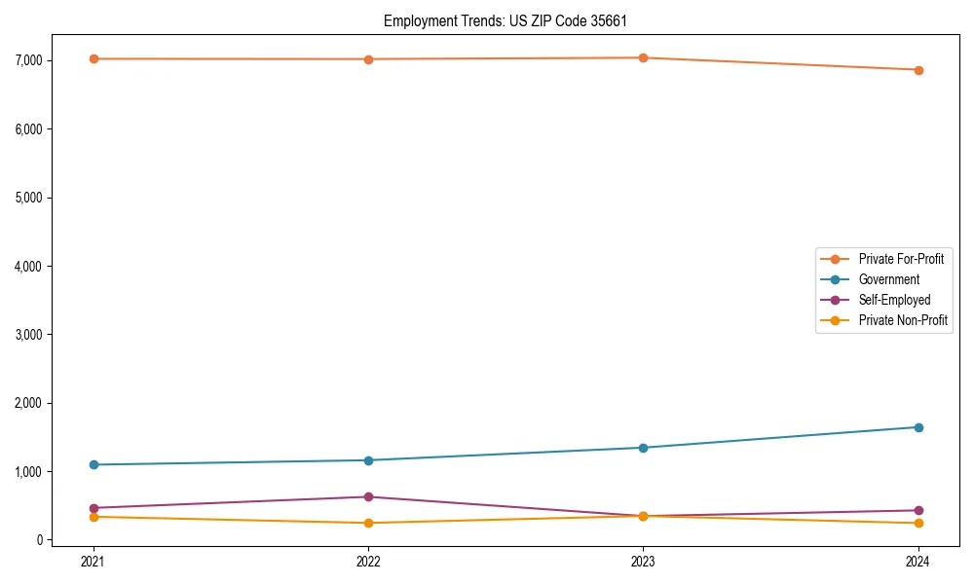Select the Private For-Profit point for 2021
[94, 58]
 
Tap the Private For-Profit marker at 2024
[918, 70]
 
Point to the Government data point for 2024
[918, 427]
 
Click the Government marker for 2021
[94, 464]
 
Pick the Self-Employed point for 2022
[368, 496]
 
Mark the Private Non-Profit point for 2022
[368, 523]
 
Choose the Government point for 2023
[643, 448]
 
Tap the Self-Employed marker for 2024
[918, 510]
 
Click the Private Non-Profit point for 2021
[94, 517]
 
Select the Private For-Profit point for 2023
[643, 57]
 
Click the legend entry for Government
[888, 279]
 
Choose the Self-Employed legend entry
[894, 300]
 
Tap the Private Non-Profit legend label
[903, 320]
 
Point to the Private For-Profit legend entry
[901, 259]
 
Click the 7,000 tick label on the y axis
[27, 60]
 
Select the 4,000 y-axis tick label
[27, 266]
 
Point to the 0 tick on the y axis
[39, 540]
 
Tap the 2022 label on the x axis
[368, 561]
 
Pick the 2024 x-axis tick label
[918, 561]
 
